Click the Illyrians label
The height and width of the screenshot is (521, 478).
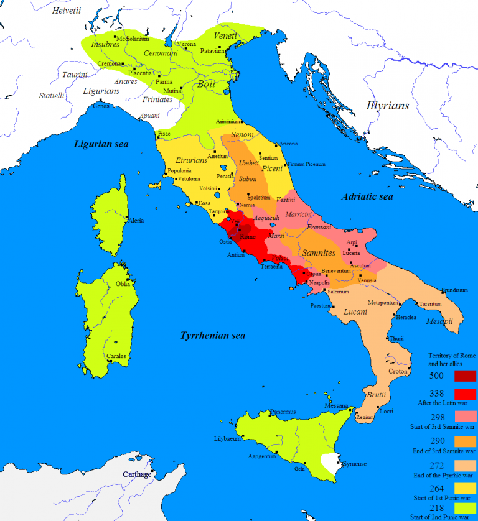(388, 106)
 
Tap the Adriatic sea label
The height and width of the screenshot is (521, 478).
(367, 196)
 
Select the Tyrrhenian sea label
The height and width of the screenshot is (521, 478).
(213, 336)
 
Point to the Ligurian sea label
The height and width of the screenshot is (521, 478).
(101, 144)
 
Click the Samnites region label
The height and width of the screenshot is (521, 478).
(319, 253)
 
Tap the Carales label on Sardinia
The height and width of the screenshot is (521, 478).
(116, 356)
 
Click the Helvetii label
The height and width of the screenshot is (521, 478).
(67, 11)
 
